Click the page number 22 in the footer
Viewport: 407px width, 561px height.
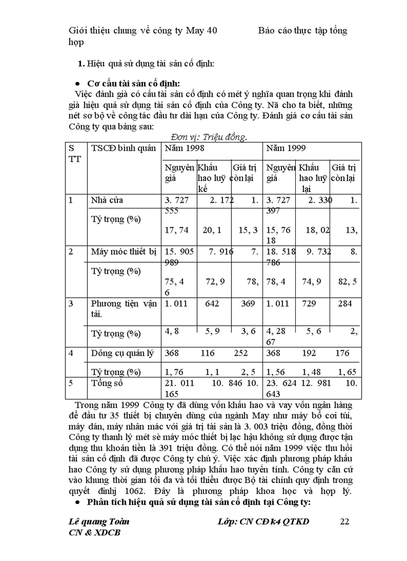tap(344, 522)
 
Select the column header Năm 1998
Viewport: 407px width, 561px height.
tap(184, 148)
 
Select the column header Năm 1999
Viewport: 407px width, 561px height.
tap(286, 148)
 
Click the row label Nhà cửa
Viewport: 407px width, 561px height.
tap(107, 200)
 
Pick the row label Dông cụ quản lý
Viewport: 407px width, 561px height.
tap(123, 353)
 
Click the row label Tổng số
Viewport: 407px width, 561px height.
tap(107, 383)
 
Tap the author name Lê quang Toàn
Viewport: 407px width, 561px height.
tap(98, 522)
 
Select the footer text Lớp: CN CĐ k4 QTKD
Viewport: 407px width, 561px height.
tap(263, 522)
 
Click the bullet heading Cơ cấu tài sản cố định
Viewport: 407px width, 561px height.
tap(134, 83)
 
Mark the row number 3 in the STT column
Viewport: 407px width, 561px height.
tap(71, 303)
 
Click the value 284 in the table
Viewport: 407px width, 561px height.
tap(344, 303)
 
